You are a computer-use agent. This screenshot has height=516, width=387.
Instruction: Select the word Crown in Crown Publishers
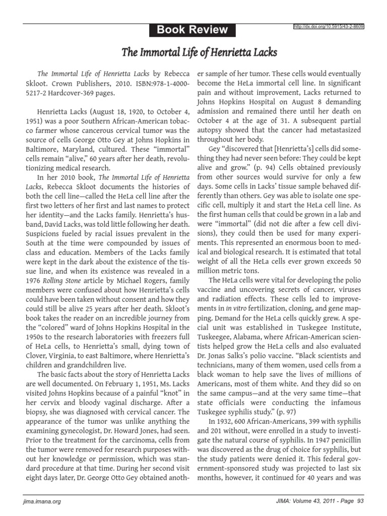pyautogui.click(x=60, y=82)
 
